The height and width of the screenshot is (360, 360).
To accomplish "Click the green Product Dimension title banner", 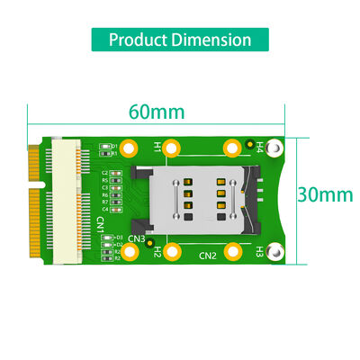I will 180,40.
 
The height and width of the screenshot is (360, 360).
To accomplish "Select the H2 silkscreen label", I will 156,252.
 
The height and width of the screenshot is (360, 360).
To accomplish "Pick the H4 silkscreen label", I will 259,145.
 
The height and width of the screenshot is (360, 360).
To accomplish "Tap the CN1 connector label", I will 100,222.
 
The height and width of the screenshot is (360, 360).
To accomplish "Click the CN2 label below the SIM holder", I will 208,256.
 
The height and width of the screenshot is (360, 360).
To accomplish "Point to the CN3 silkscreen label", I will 137,238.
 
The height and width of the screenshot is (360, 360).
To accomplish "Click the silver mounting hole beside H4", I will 277,146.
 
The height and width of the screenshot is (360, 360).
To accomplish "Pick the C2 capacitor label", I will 104,173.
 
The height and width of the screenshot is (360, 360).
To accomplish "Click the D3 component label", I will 119,238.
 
